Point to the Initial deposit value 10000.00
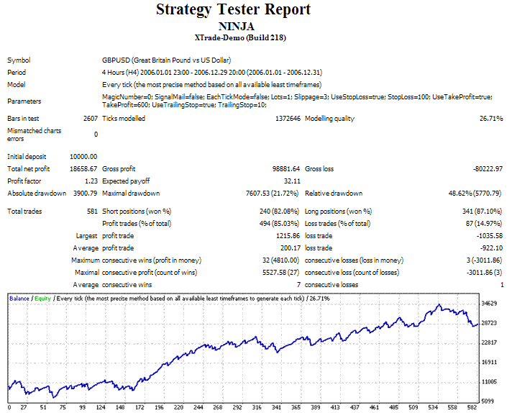click(x=83, y=156)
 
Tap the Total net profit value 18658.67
click(x=83, y=168)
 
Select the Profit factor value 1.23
click(x=91, y=181)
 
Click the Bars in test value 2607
click(x=91, y=119)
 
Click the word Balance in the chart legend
click(x=19, y=297)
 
